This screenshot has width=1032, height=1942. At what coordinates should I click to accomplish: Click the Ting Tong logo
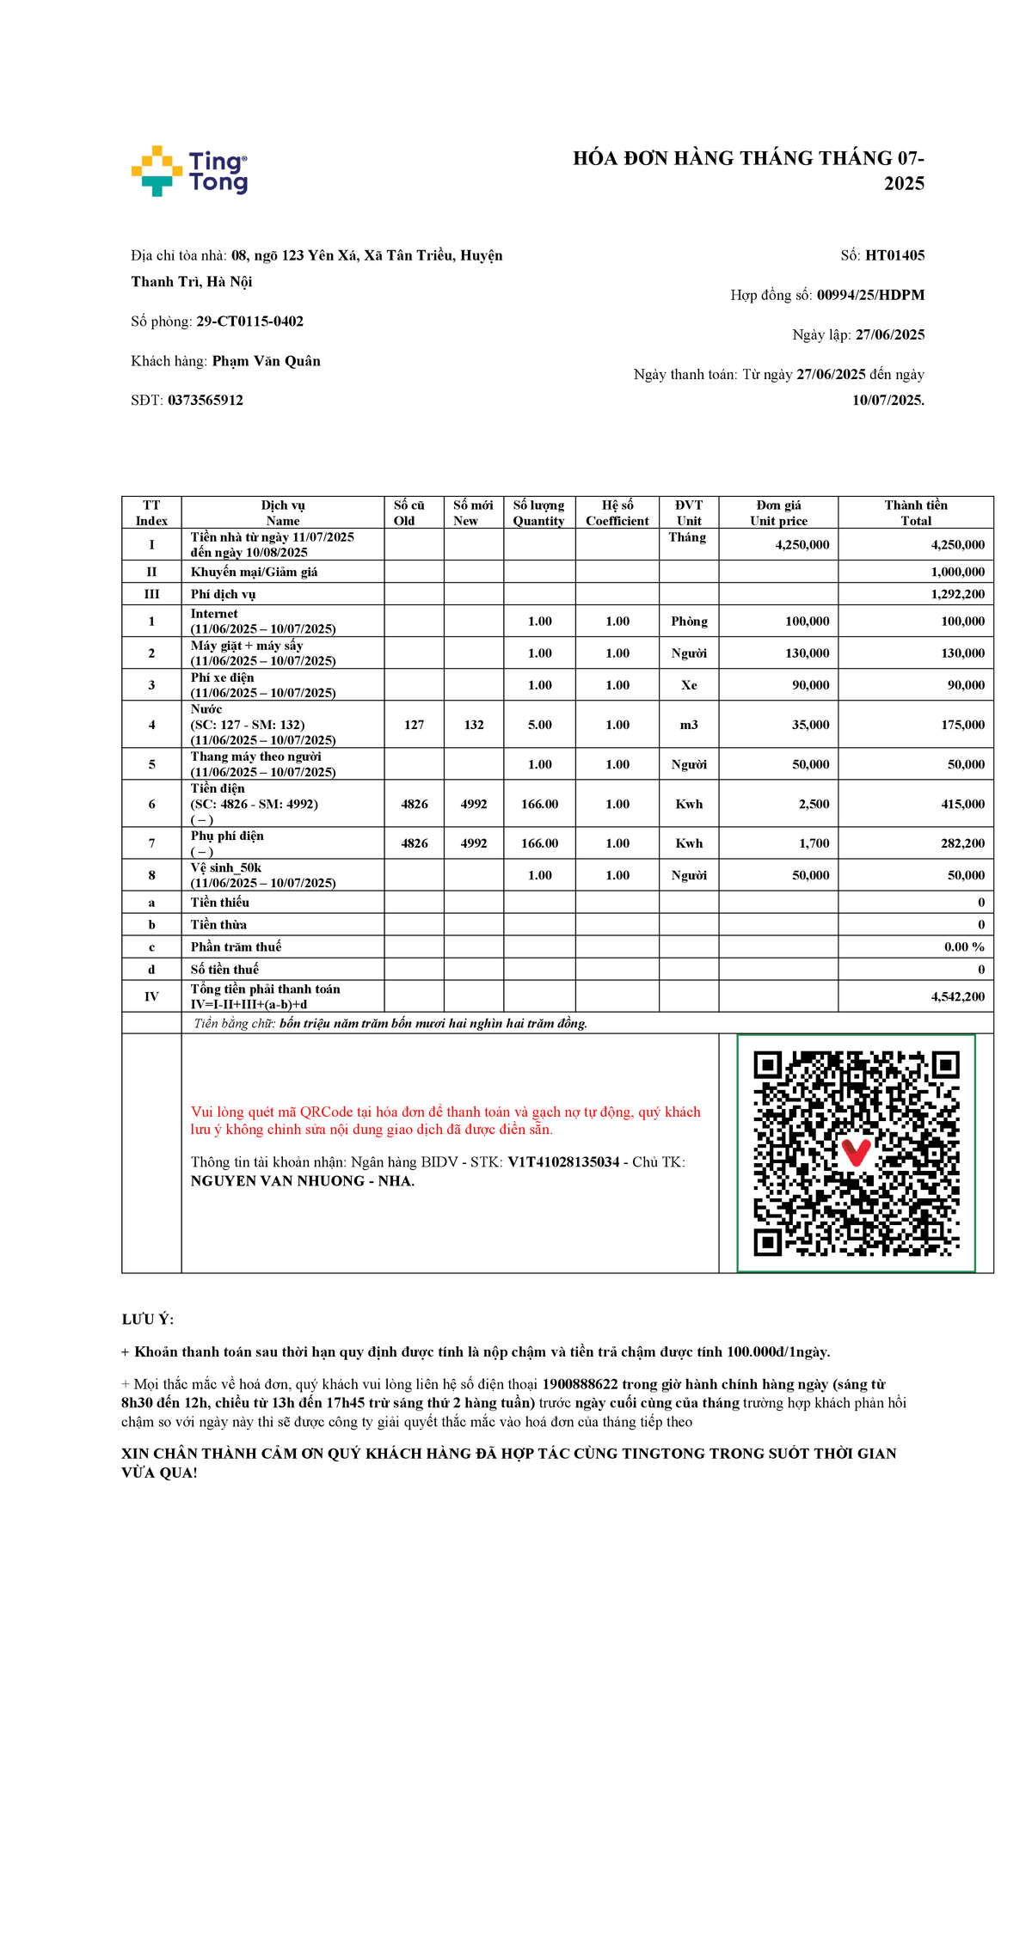pos(190,171)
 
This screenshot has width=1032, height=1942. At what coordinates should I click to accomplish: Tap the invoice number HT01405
pos(894,255)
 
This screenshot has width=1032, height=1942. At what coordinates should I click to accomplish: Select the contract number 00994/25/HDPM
pos(870,295)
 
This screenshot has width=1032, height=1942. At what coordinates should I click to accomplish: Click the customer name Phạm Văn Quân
pos(266,361)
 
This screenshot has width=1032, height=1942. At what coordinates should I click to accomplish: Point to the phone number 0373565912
pos(206,400)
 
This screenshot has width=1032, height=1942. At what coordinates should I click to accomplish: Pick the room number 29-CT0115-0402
pos(249,322)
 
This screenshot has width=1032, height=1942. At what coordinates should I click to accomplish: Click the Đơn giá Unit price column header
pos(778,512)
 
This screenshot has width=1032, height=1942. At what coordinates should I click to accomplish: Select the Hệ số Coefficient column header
pos(617,512)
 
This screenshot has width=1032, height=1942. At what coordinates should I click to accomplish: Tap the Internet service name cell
pos(215,614)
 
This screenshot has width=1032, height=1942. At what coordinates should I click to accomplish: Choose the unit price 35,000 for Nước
pos(810,725)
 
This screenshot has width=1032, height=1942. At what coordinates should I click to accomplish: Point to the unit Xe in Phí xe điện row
pos(689,685)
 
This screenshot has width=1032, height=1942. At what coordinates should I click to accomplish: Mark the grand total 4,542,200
pos(957,996)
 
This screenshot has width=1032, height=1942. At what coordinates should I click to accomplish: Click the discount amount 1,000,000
pos(957,572)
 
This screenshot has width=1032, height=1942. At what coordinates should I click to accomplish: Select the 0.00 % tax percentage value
pos(964,946)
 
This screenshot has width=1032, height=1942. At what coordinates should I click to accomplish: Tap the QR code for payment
pos(856,1153)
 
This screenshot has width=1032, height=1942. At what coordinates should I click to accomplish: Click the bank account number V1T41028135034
pos(563,1162)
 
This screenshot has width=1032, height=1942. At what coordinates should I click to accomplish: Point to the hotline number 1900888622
pos(580,1384)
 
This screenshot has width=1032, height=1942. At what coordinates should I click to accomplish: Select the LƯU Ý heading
pos(147,1320)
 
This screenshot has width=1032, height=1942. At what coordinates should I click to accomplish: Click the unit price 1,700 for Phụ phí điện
pos(814,843)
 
